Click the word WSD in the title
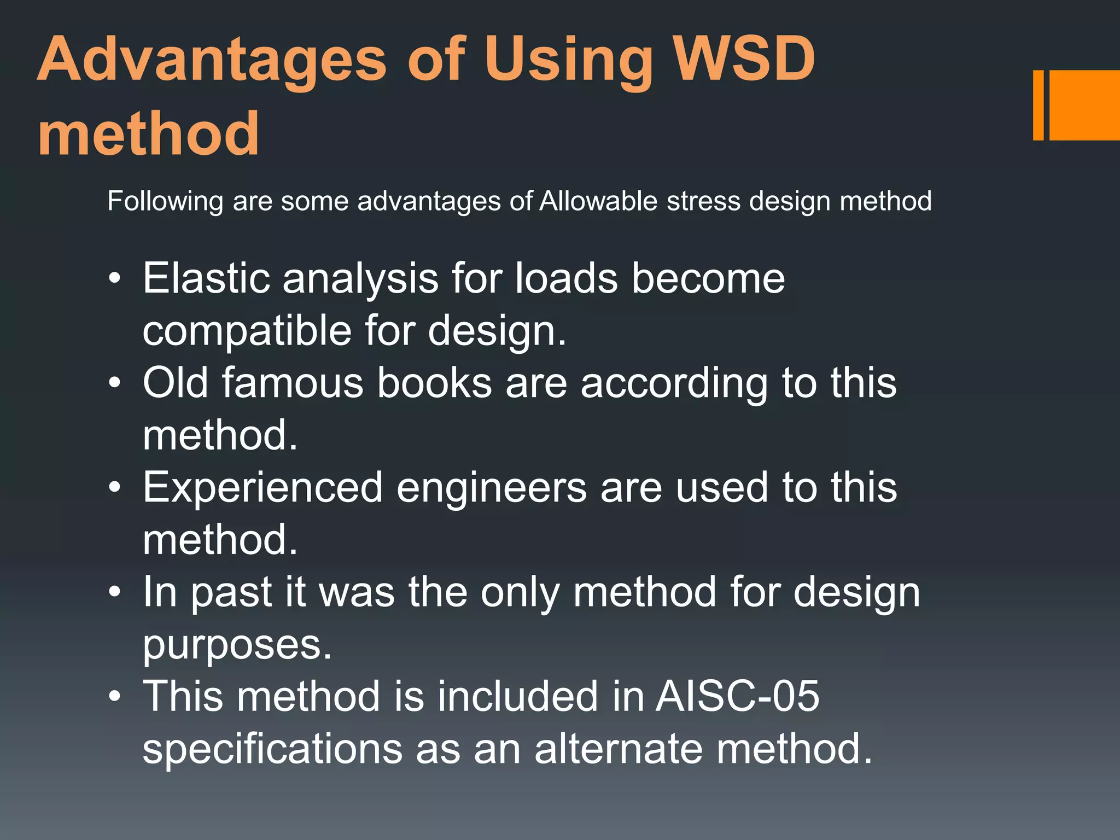tap(744, 59)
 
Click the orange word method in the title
tap(148, 133)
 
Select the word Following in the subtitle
tap(165, 202)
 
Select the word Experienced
tap(262, 488)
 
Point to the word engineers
tap(491, 488)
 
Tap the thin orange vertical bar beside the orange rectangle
tap(1038, 105)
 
